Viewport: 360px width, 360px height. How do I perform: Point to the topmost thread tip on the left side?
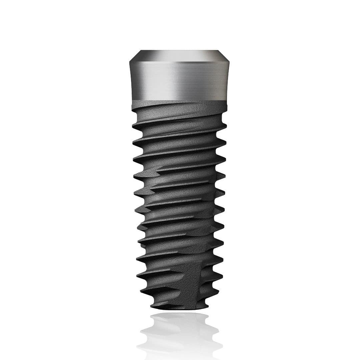(x=133, y=126)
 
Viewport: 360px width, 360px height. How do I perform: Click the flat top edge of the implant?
(x=180, y=51)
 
